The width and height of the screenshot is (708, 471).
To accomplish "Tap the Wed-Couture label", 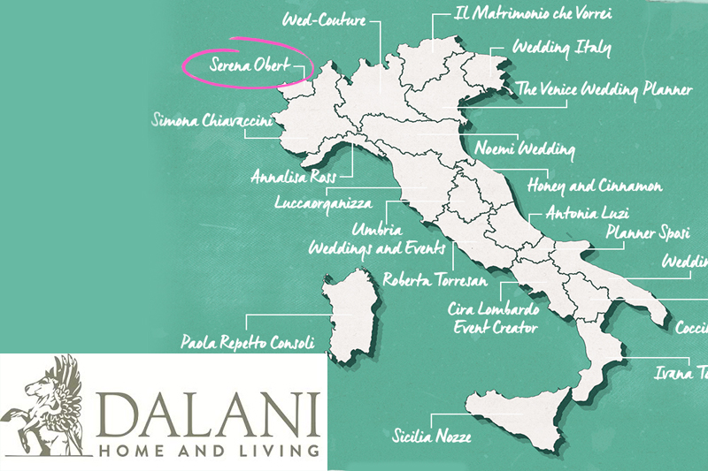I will pyautogui.click(x=323, y=18).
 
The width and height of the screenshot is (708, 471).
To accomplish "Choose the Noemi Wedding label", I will pyautogui.click(x=525, y=148).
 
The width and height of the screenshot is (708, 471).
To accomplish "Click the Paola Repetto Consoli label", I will pyautogui.click(x=248, y=340).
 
